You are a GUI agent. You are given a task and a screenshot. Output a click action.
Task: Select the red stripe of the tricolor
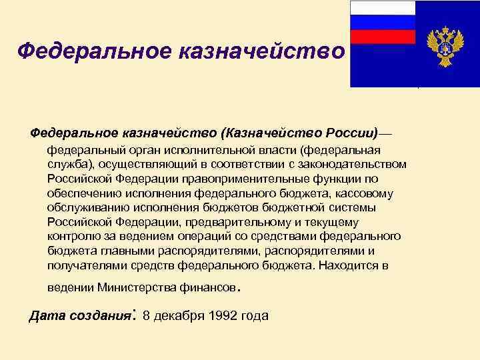coord(383,37)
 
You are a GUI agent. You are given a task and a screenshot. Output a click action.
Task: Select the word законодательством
coord(352,163)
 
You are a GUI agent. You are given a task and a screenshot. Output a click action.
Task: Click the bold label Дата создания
coord(81,315)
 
